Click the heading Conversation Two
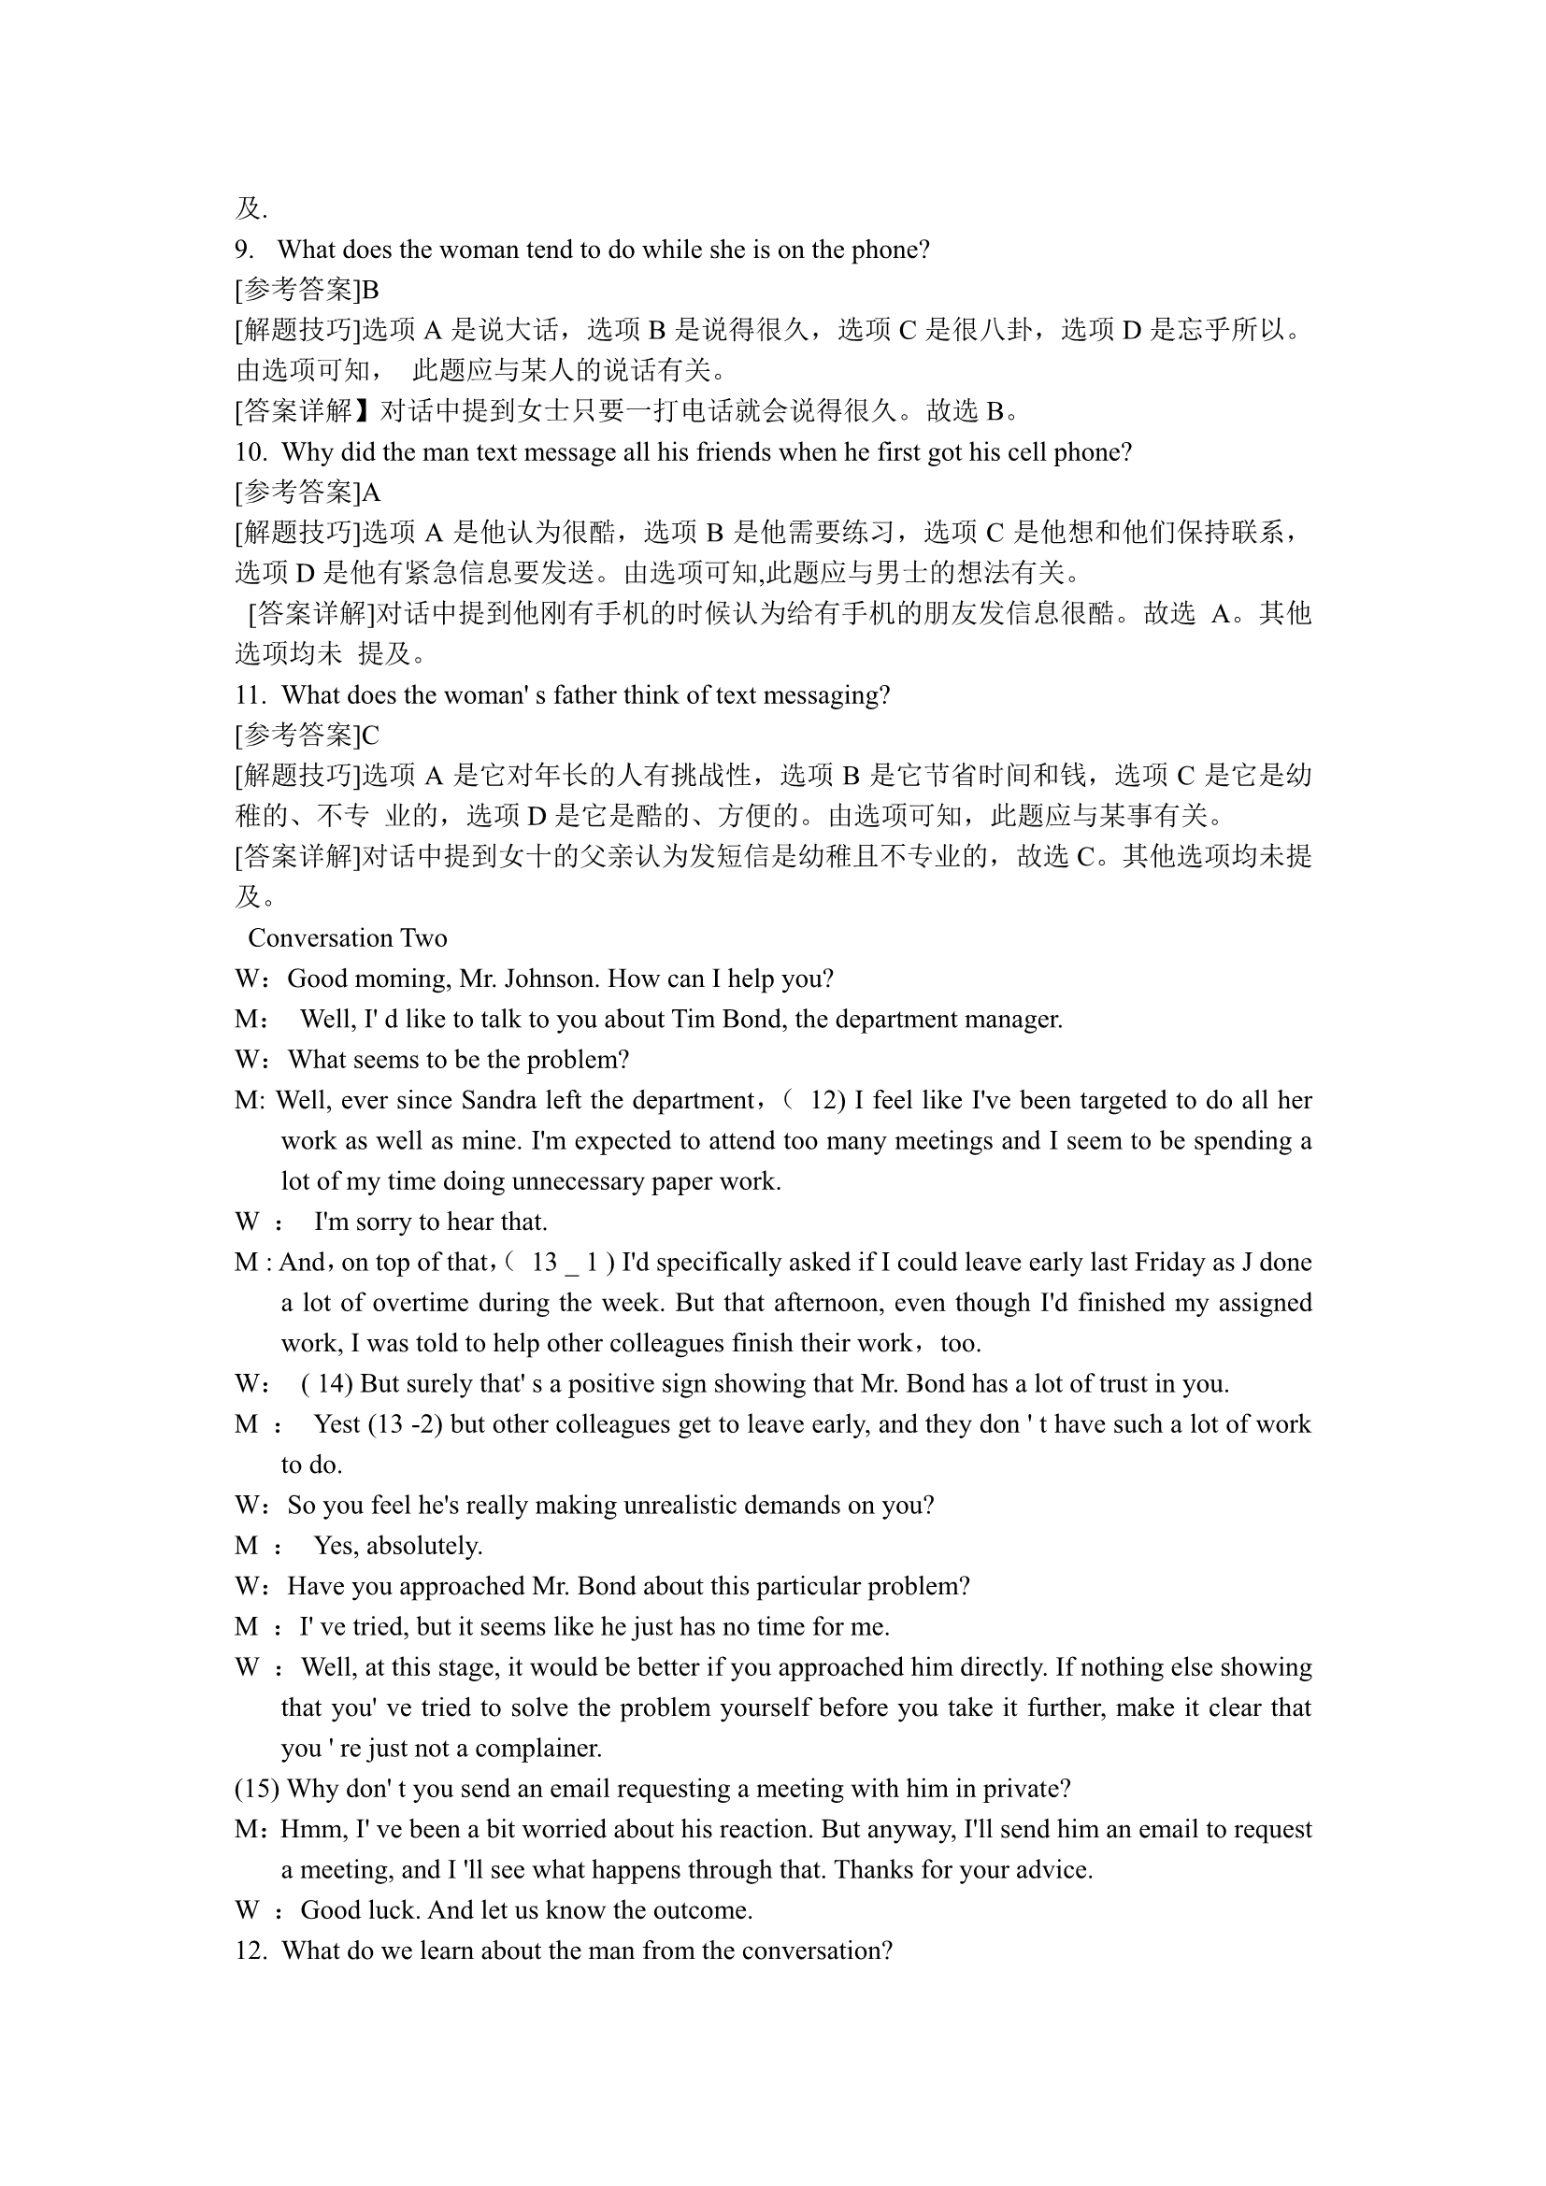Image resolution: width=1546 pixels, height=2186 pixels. point(348,938)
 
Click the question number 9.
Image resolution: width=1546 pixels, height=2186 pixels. point(244,250)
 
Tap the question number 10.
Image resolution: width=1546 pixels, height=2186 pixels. point(250,452)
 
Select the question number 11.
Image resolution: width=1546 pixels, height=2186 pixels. point(250,696)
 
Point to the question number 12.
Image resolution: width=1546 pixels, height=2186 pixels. point(250,1950)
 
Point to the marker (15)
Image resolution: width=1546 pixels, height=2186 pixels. point(257,1789)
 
